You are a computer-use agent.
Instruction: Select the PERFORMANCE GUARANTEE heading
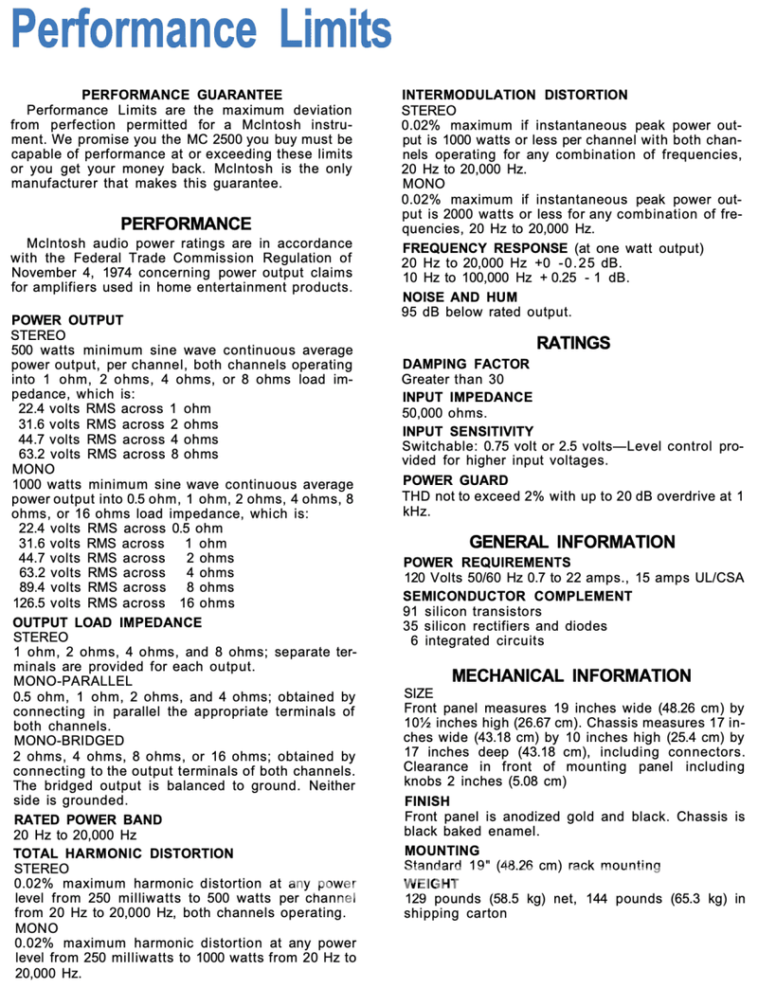click(x=182, y=95)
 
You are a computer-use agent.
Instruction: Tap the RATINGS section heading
click(x=573, y=342)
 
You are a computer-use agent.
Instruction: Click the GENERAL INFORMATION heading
click(x=571, y=542)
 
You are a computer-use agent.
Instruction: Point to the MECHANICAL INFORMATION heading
click(x=571, y=675)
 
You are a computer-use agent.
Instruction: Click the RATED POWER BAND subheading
click(x=88, y=819)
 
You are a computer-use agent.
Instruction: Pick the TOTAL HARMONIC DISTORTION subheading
click(x=123, y=853)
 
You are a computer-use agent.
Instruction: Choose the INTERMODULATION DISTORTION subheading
click(x=514, y=95)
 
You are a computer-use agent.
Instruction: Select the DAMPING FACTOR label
click(x=466, y=364)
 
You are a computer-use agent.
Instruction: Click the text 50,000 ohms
click(x=445, y=413)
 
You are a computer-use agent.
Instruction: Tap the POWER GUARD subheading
click(x=455, y=480)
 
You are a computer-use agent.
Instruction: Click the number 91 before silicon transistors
click(x=411, y=611)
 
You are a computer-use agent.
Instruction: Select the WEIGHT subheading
click(x=430, y=883)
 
